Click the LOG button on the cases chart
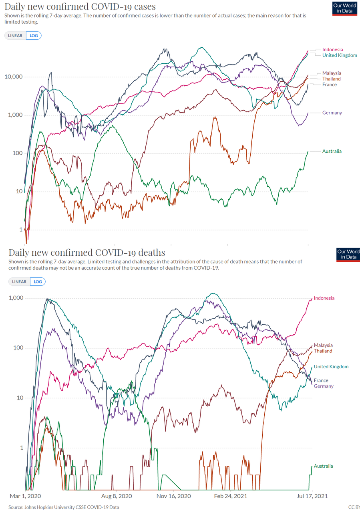[34, 36]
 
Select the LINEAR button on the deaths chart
[19, 282]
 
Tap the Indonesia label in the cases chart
[332, 50]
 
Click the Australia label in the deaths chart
[323, 466]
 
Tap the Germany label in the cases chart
[332, 113]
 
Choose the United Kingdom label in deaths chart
[331, 367]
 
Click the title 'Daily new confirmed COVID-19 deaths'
[86, 252]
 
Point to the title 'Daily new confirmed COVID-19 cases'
[80, 6]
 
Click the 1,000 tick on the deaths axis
[16, 298]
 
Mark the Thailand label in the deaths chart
[323, 351]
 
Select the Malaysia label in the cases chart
[332, 73]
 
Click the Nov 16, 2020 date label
[173, 496]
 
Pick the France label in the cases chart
[329, 85]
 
